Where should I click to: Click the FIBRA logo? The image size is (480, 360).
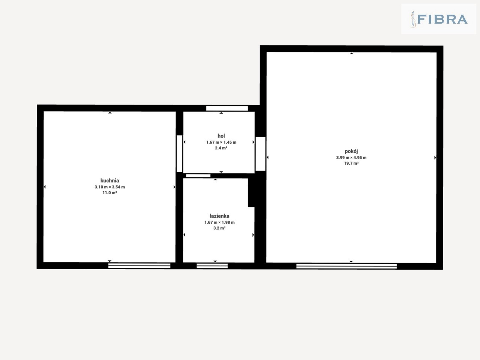[x=439, y=19]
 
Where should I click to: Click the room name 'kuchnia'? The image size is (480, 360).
[x=110, y=180]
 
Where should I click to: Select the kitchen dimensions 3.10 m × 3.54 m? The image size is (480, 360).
[x=110, y=187]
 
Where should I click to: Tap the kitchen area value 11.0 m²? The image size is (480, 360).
[x=110, y=193]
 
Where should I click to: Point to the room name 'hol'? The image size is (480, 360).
[x=221, y=136]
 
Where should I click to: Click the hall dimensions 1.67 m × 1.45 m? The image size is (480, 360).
[x=221, y=142]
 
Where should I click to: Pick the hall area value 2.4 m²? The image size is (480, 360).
[x=221, y=148]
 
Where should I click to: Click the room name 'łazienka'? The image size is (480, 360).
[x=219, y=216]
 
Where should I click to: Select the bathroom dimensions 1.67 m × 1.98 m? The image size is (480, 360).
[x=219, y=222]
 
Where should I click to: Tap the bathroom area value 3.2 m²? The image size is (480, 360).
[x=219, y=228]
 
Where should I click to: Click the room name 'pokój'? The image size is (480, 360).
[x=351, y=151]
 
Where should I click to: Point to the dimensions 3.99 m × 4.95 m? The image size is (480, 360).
[x=351, y=157]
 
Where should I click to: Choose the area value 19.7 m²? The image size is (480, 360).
[x=351, y=163]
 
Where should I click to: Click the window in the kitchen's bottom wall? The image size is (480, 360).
[x=139, y=265]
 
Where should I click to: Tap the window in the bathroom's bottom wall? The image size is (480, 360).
[x=212, y=265]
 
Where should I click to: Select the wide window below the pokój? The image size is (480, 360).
[x=346, y=266]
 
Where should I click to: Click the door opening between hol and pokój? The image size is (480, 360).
[x=261, y=154]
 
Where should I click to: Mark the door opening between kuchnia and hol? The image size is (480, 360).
[x=179, y=153]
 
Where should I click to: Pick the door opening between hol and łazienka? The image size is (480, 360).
[x=198, y=176]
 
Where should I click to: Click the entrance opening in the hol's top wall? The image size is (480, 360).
[x=227, y=108]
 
